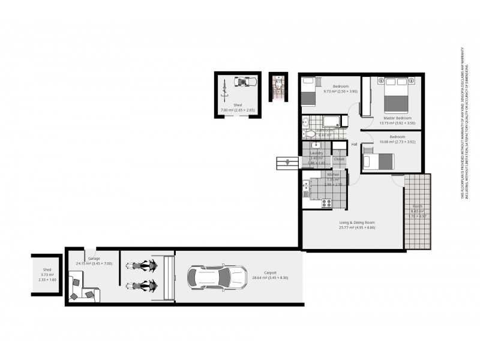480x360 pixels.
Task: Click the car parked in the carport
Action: coord(217,278)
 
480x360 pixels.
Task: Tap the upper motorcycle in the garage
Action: coord(142,265)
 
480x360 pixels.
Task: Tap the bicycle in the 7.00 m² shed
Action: coord(224,89)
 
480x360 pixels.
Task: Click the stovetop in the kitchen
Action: coord(327,203)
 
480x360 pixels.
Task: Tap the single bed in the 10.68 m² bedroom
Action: coord(378,161)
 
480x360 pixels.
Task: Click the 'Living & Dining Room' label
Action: coord(356,222)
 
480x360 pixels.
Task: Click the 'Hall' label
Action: coord(354,144)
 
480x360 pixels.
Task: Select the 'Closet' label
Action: coord(339,159)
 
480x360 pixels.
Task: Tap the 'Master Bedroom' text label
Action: coord(397,118)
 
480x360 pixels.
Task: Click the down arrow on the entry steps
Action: coord(289,162)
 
